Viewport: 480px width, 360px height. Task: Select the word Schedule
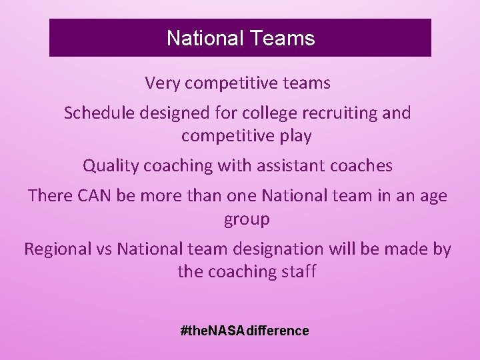[x=100, y=113]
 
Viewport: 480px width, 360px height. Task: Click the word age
[x=433, y=197]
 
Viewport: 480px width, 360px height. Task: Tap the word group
[x=247, y=220]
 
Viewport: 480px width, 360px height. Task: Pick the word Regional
[x=57, y=249]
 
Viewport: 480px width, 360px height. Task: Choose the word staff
[x=299, y=272]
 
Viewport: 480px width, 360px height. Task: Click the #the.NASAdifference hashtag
[x=245, y=331]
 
